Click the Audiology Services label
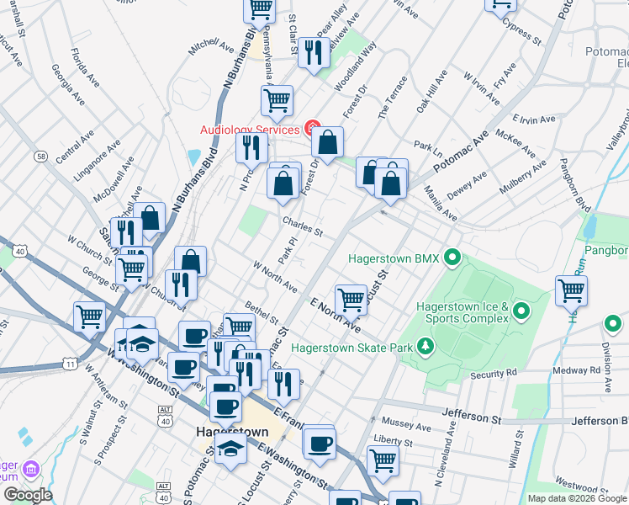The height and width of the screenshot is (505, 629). click(250, 130)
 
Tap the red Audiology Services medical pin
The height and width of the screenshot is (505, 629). click(312, 129)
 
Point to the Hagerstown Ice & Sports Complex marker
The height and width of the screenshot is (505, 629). click(521, 313)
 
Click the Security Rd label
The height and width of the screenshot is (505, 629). click(494, 374)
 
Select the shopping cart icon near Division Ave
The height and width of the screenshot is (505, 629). click(571, 291)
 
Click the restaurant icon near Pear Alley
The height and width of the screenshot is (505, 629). click(314, 53)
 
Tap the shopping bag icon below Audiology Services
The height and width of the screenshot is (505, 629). click(329, 142)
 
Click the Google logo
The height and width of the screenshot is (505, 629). click(28, 495)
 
